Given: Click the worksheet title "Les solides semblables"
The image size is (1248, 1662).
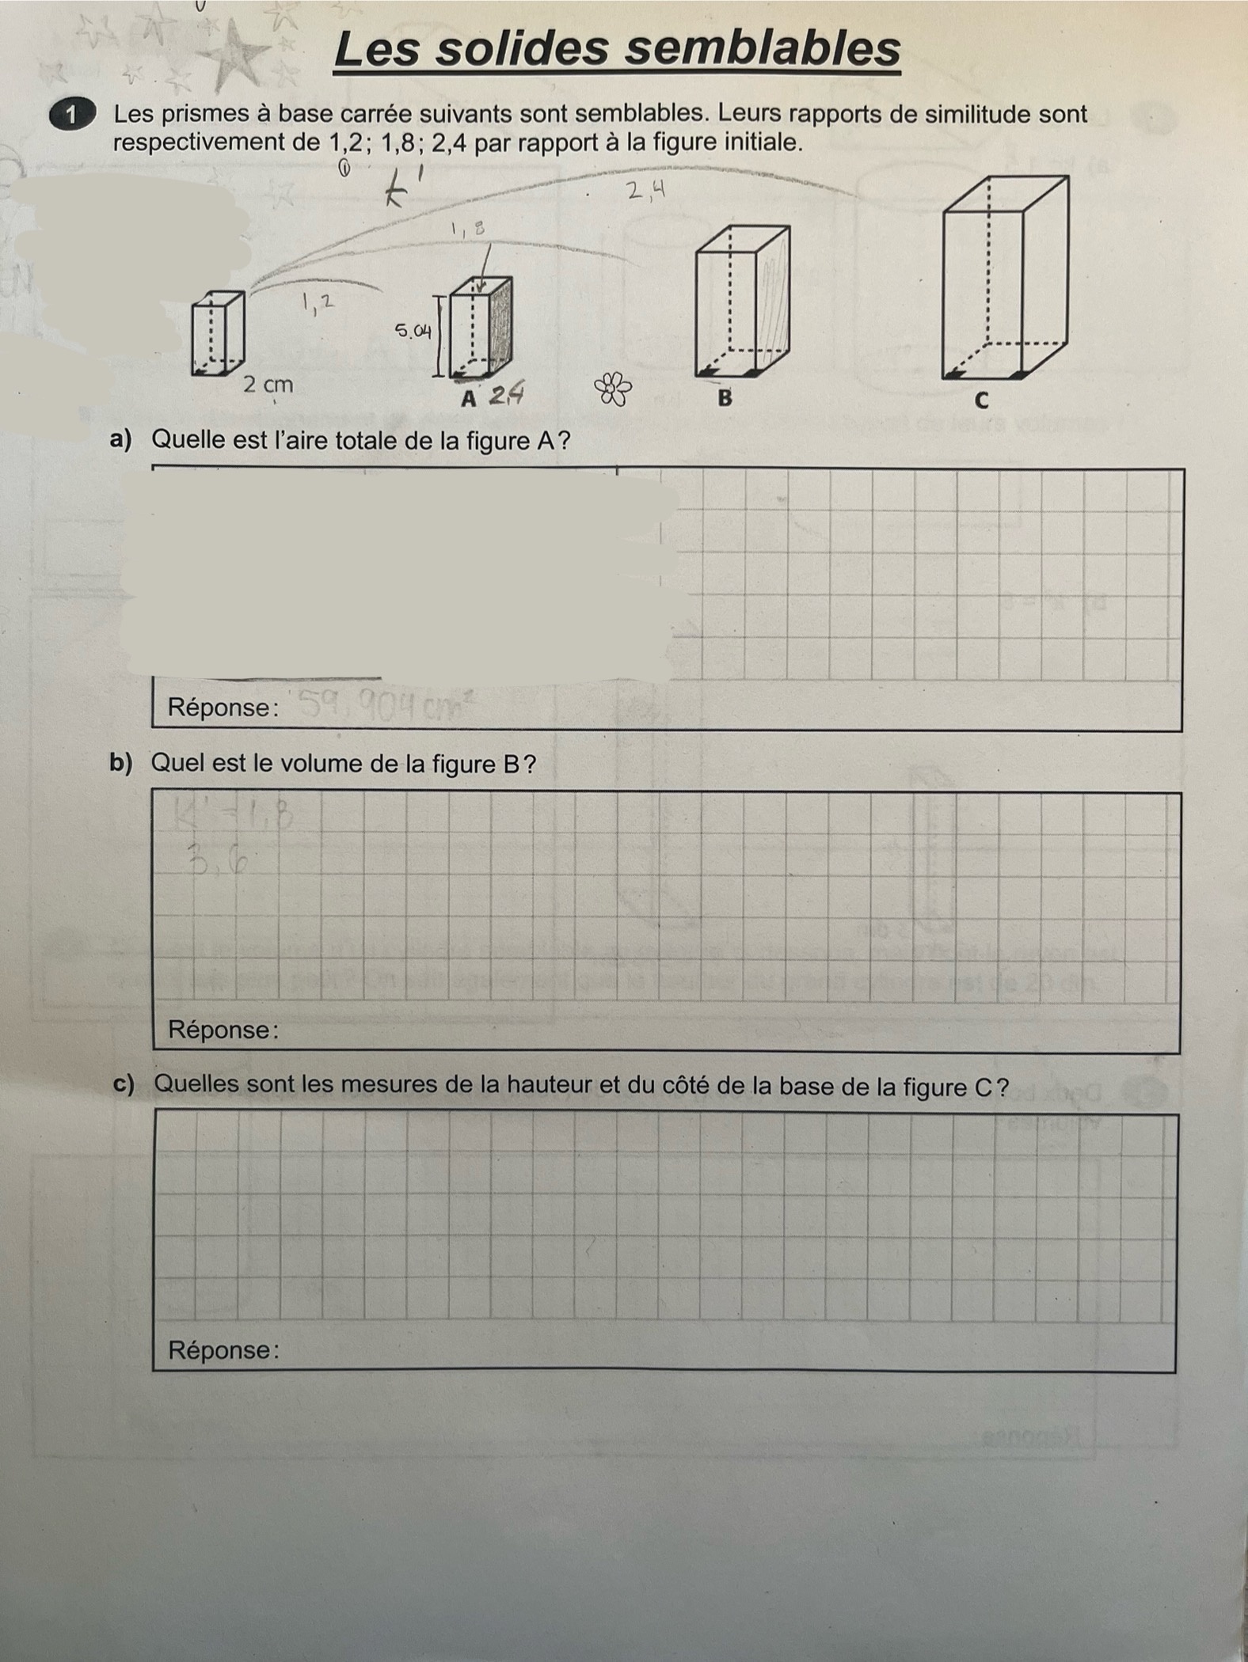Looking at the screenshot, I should coord(616,49).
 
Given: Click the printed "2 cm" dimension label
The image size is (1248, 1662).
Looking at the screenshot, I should coord(268,385).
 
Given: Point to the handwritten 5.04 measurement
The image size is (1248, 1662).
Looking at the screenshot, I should coord(413,331).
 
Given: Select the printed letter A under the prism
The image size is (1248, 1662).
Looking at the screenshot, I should coord(469,399).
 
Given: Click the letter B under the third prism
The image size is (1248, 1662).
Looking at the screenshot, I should coord(724,397).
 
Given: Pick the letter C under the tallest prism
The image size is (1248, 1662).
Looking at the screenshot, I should coord(981,400).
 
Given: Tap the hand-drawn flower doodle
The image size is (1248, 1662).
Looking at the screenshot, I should coord(613,389).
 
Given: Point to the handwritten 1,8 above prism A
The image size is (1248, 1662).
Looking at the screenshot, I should coord(467,230).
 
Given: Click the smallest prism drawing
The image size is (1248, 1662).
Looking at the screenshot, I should coord(217,333).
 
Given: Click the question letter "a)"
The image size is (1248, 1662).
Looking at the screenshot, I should coord(121,439).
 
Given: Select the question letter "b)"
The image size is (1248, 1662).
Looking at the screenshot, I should coord(121,763).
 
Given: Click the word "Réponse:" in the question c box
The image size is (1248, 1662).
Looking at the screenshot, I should coord(223,1349).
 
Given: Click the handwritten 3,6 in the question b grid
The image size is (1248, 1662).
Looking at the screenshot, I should coord(216,859).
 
